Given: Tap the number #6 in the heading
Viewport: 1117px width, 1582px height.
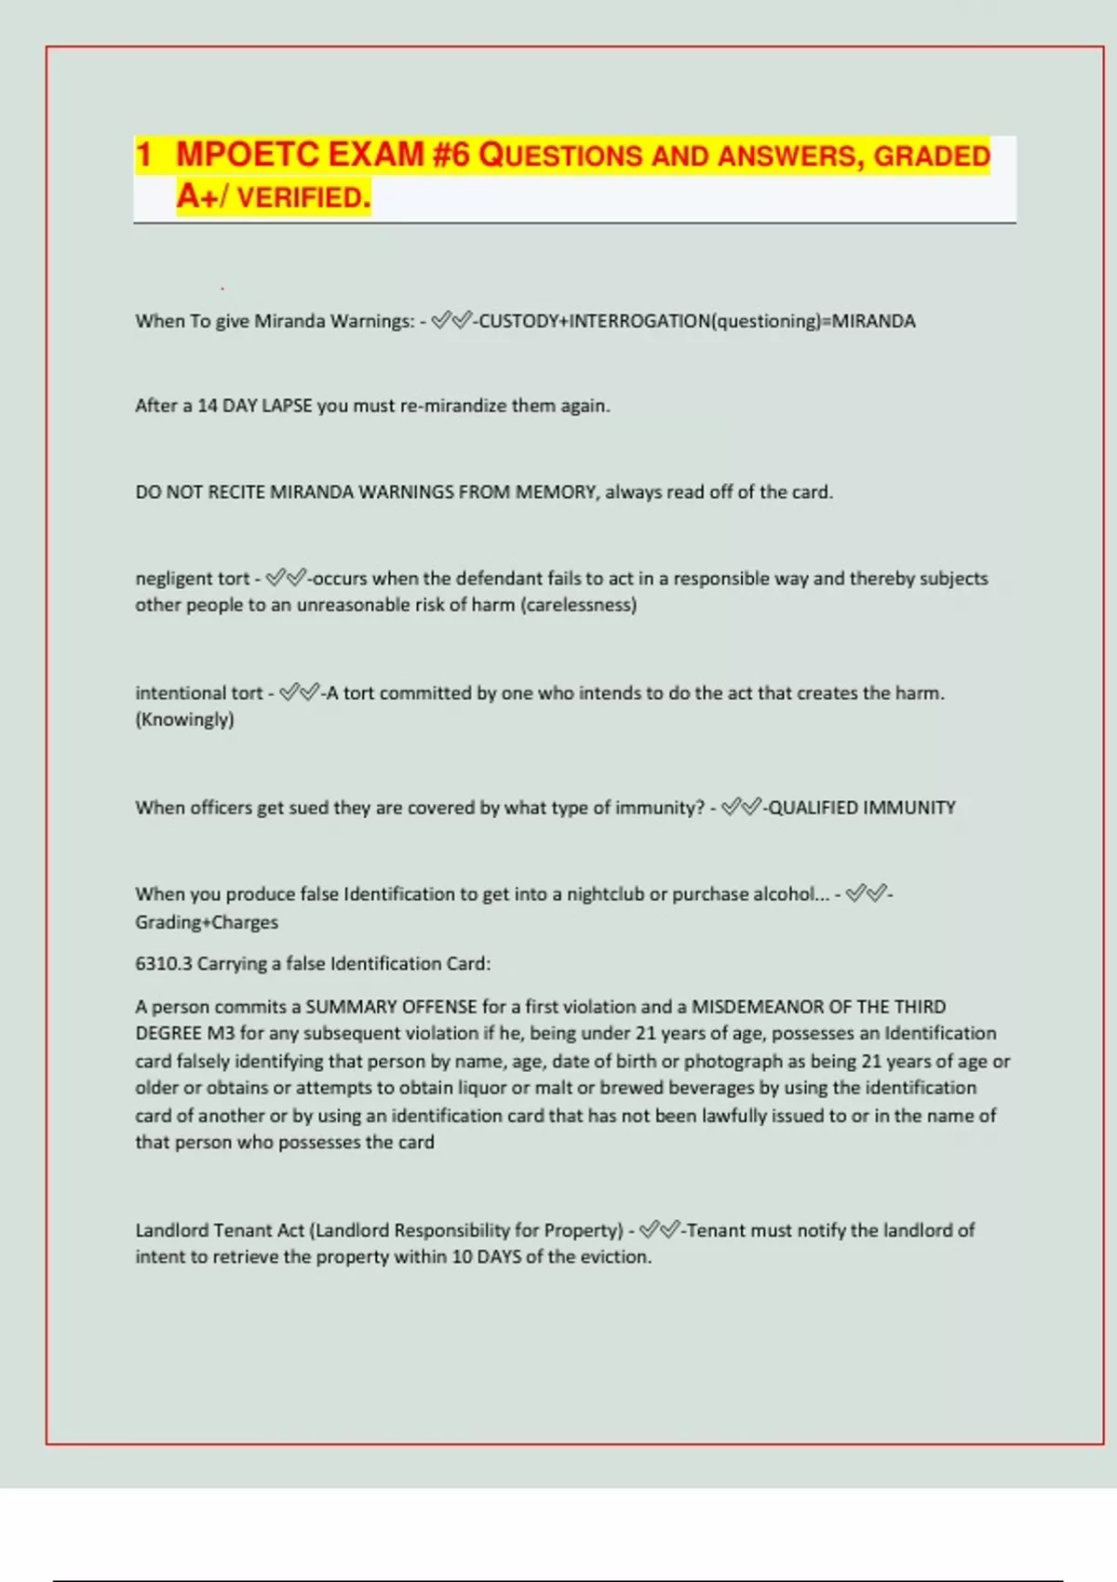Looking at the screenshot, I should click(x=451, y=154).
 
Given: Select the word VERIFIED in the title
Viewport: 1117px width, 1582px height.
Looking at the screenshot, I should click(x=303, y=197).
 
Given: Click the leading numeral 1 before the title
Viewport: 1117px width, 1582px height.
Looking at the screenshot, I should click(x=144, y=154).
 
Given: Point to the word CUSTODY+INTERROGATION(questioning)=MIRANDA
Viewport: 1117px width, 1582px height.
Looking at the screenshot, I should click(x=696, y=321).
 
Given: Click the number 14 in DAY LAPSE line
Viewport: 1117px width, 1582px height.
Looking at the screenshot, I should click(x=208, y=406).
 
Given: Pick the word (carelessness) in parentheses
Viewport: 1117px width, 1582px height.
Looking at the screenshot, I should click(x=579, y=605).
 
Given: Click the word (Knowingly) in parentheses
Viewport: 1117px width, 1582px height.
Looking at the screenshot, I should click(x=184, y=719).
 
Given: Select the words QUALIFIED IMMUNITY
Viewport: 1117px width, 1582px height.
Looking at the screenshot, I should click(x=862, y=808).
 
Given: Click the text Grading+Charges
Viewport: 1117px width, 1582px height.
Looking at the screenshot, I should click(x=207, y=922).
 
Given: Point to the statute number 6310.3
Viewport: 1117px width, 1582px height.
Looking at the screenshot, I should click(x=164, y=964).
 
